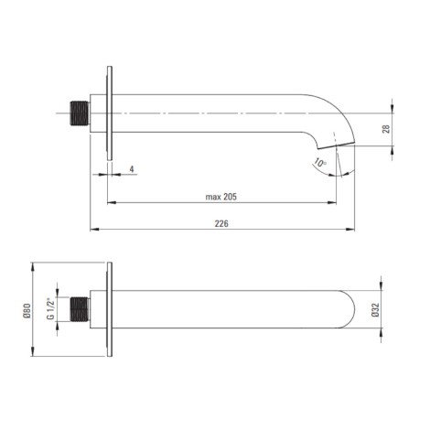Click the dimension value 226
click(x=221, y=224)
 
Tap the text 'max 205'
click(x=221, y=197)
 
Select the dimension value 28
click(x=386, y=129)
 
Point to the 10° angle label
click(x=320, y=163)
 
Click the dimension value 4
click(x=132, y=169)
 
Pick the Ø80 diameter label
click(x=27, y=311)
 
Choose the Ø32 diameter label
click(x=376, y=310)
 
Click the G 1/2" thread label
click(x=50, y=309)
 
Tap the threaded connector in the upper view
click(x=80, y=113)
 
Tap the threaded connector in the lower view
click(x=80, y=309)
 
